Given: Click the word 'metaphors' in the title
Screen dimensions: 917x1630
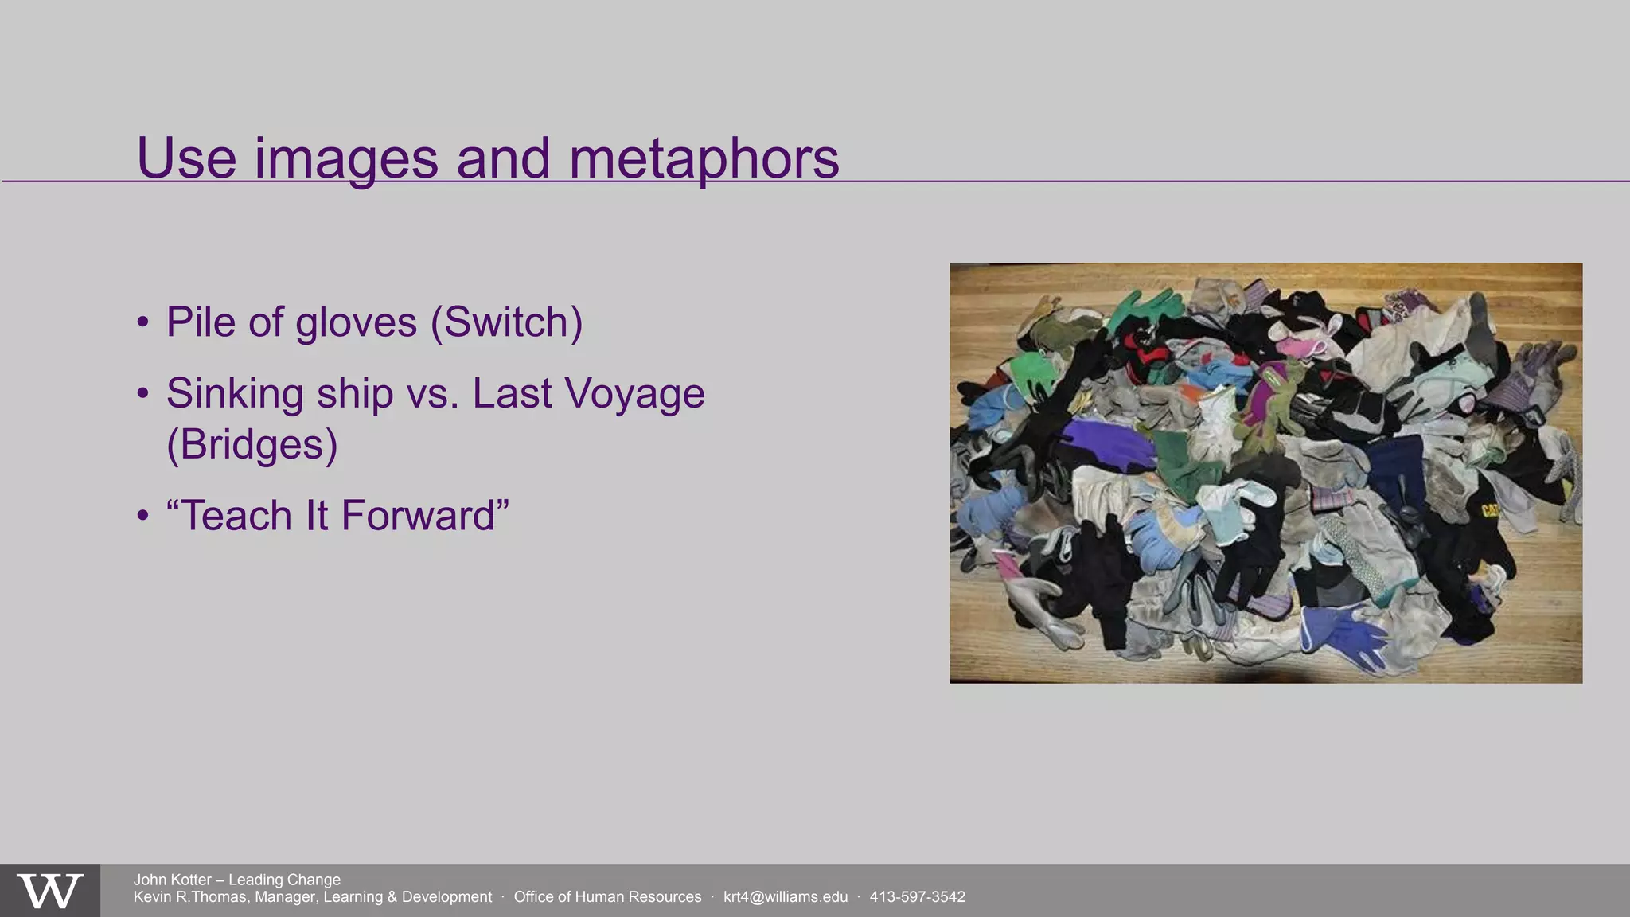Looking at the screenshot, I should pyautogui.click(x=704, y=158).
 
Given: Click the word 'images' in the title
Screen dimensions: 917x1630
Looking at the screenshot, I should pyautogui.click(x=345, y=158).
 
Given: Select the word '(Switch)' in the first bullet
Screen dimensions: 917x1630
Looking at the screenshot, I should pyautogui.click(x=506, y=322).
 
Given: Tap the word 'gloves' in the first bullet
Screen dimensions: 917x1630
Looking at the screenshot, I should pyautogui.click(x=356, y=322).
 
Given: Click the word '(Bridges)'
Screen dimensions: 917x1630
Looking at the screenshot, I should pyautogui.click(x=252, y=444).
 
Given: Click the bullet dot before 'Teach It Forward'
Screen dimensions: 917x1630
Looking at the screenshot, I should pyautogui.click(x=142, y=516).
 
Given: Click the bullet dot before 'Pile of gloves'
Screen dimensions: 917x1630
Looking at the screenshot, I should pyautogui.click(x=142, y=323).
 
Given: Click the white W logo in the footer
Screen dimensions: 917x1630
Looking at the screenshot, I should pyautogui.click(x=50, y=891).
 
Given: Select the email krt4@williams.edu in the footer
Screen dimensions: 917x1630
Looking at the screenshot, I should pyautogui.click(x=785, y=897).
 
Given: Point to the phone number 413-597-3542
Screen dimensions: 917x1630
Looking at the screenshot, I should pyautogui.click(x=917, y=897).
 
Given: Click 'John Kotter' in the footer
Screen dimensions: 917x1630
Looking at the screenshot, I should pyautogui.click(x=172, y=880).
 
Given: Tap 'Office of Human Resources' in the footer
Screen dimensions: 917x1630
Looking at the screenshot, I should pyautogui.click(x=607, y=897).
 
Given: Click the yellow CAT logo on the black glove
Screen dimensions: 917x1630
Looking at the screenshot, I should pyautogui.click(x=1488, y=509).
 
